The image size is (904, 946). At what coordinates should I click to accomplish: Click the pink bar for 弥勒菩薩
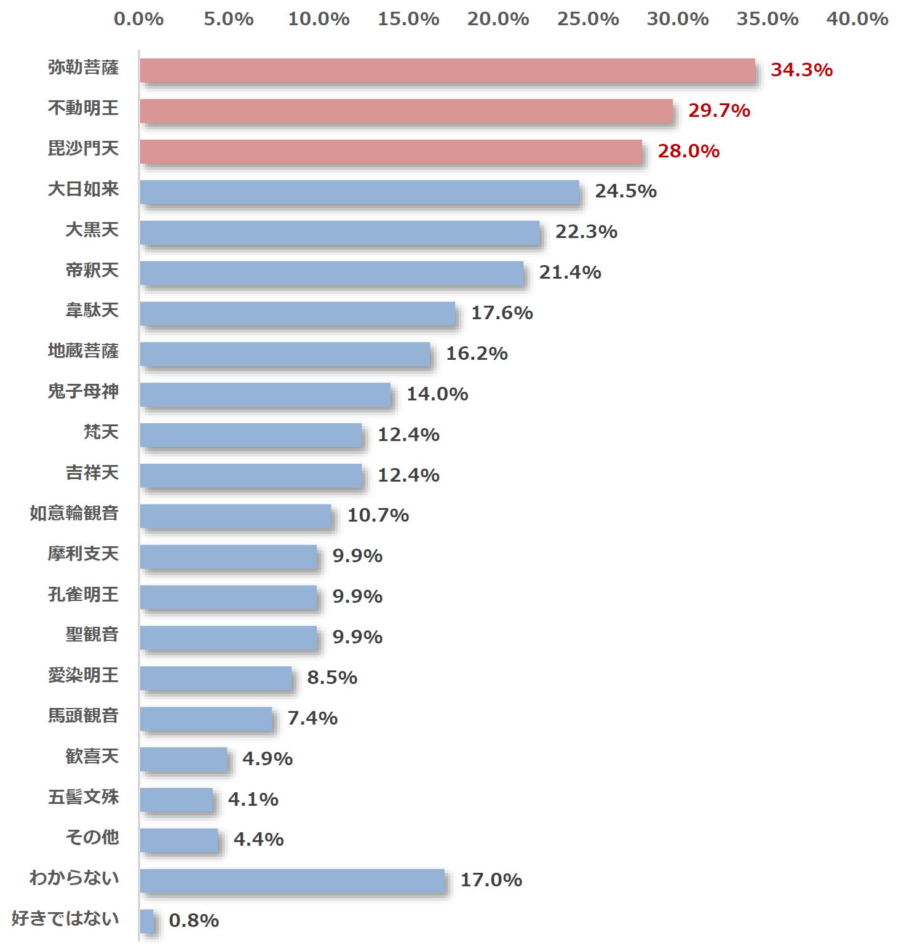(447, 71)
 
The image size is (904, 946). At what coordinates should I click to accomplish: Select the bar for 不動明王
(406, 111)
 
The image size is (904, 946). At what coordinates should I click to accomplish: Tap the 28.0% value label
(688, 151)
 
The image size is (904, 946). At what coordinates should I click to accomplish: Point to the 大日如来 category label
(83, 189)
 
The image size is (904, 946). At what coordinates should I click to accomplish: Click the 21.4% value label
(569, 272)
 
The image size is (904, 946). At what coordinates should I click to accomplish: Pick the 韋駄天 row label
(92, 310)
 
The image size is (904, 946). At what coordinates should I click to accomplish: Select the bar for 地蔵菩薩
(285, 354)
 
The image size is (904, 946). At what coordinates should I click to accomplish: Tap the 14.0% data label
(437, 394)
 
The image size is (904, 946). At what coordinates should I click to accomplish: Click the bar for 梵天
(251, 435)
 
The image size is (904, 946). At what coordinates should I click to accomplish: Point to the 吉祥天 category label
(92, 472)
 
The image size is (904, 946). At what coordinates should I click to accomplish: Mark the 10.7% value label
(378, 515)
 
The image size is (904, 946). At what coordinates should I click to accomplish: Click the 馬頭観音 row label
(83, 715)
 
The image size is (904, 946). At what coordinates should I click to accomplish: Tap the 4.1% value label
(253, 800)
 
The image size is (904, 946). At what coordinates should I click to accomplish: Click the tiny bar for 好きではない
(146, 921)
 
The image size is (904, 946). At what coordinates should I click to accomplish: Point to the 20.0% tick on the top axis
(498, 19)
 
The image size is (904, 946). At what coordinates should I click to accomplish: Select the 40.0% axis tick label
(857, 19)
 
